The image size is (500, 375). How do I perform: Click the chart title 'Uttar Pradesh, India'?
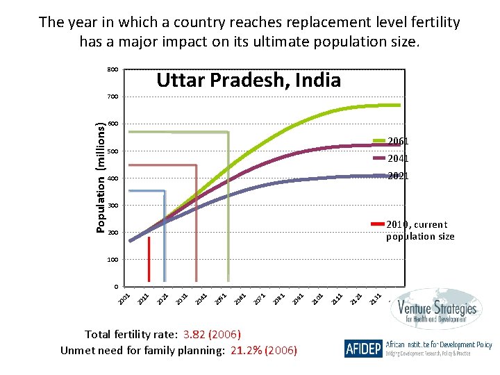point(249,80)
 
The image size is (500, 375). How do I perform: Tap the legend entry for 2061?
point(398,141)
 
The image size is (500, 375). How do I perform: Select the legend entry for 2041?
point(398,158)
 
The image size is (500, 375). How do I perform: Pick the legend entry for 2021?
point(398,176)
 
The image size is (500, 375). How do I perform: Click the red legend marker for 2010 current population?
point(378,224)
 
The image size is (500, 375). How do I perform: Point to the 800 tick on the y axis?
point(112,69)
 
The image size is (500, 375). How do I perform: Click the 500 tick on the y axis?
point(112,151)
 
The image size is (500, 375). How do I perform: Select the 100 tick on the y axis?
point(112,260)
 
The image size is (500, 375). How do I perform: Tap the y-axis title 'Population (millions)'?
point(101,177)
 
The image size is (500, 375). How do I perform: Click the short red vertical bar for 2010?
point(149,260)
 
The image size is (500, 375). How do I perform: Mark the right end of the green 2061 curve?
point(399,105)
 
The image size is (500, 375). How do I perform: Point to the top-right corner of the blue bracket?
point(165,191)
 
